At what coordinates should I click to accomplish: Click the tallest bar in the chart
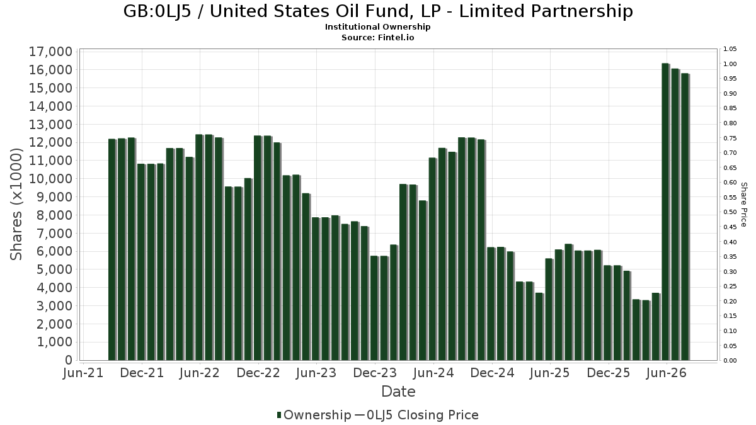tap(665, 212)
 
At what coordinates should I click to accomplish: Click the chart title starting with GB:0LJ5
tap(378, 11)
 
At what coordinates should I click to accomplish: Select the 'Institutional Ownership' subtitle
tap(377, 27)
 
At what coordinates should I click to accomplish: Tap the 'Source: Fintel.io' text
tap(377, 37)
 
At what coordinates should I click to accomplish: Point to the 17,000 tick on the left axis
tap(51, 52)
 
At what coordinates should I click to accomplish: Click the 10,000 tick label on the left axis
tap(51, 179)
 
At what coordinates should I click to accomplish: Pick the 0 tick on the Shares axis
tap(69, 360)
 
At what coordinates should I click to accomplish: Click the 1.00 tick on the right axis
tap(730, 64)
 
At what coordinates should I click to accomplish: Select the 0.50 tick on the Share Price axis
tap(730, 212)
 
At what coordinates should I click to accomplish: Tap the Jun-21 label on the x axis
tap(83, 373)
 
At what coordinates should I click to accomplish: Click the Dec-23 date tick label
tap(375, 373)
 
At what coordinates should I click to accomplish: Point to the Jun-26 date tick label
tap(667, 373)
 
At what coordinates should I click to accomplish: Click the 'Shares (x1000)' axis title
tap(16, 205)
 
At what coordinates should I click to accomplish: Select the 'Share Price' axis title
tap(744, 205)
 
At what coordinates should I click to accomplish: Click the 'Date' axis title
tap(398, 392)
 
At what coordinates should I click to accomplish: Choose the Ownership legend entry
tap(314, 415)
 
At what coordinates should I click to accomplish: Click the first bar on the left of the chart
tap(112, 249)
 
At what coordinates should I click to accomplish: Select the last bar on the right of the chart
tap(685, 217)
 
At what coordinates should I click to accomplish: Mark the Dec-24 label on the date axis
tap(492, 373)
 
